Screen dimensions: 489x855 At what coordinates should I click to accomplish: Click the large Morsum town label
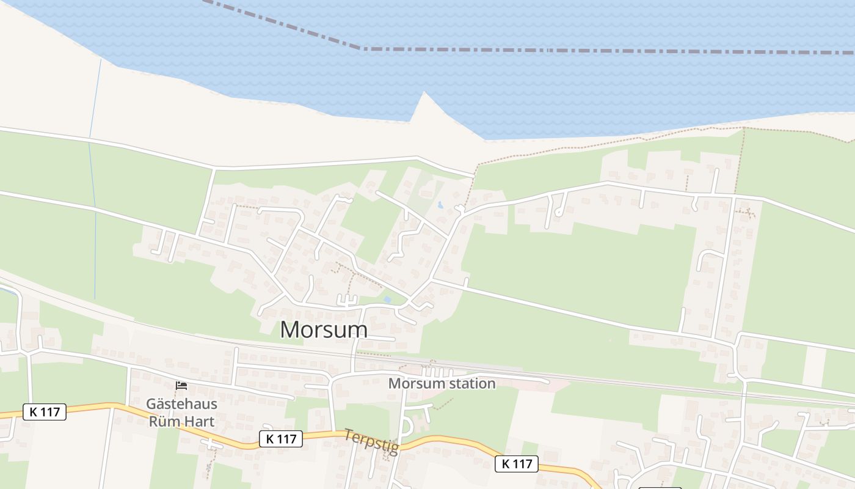click(x=324, y=329)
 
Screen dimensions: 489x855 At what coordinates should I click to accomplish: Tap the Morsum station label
click(x=442, y=384)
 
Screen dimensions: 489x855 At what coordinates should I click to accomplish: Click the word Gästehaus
click(x=181, y=405)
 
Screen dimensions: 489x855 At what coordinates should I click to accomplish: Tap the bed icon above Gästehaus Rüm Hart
click(x=181, y=385)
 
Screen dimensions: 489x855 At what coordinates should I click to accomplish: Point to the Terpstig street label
click(x=371, y=441)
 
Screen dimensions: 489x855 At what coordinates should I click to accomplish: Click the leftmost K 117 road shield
click(x=45, y=412)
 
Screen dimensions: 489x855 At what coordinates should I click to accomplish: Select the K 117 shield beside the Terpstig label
click(x=281, y=438)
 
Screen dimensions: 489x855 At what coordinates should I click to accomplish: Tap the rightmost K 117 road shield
click(x=517, y=464)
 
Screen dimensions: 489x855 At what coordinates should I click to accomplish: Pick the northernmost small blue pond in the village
click(x=439, y=205)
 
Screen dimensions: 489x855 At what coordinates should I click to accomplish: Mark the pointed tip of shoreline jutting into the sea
click(x=424, y=93)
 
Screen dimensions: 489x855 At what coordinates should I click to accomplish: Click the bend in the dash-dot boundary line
click(x=363, y=48)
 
